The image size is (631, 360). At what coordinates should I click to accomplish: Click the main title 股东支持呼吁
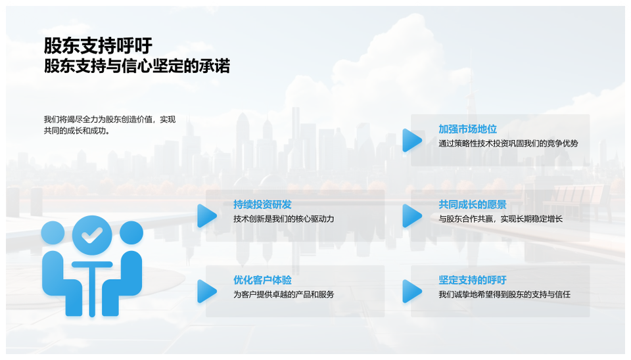click(x=98, y=45)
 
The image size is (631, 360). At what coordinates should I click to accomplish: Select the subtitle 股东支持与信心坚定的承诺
click(x=137, y=66)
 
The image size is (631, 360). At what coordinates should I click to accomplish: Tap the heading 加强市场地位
click(x=467, y=129)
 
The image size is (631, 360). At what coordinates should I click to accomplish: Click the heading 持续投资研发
click(x=262, y=205)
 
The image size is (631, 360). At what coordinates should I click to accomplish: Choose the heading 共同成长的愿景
click(x=473, y=205)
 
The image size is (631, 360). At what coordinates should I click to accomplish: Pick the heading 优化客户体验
click(x=262, y=280)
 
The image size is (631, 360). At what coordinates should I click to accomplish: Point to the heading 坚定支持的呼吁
click(x=473, y=280)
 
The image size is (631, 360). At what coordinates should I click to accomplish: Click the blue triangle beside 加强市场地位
click(x=412, y=141)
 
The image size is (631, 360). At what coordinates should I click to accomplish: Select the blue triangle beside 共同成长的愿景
click(x=412, y=216)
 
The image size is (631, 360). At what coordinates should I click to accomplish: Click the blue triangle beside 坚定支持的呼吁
click(x=412, y=291)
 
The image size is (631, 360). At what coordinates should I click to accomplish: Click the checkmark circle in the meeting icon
click(x=92, y=235)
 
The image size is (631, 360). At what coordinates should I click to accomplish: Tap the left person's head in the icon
click(x=53, y=233)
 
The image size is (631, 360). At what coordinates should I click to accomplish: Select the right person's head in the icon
click(x=131, y=233)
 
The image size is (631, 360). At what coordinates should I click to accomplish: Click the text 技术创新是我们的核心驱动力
click(x=284, y=219)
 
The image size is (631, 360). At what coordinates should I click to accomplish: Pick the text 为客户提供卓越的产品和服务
click(x=284, y=294)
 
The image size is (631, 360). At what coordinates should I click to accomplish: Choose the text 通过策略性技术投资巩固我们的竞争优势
click(x=508, y=144)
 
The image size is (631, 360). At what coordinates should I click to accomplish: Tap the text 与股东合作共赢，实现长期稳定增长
click(x=501, y=219)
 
